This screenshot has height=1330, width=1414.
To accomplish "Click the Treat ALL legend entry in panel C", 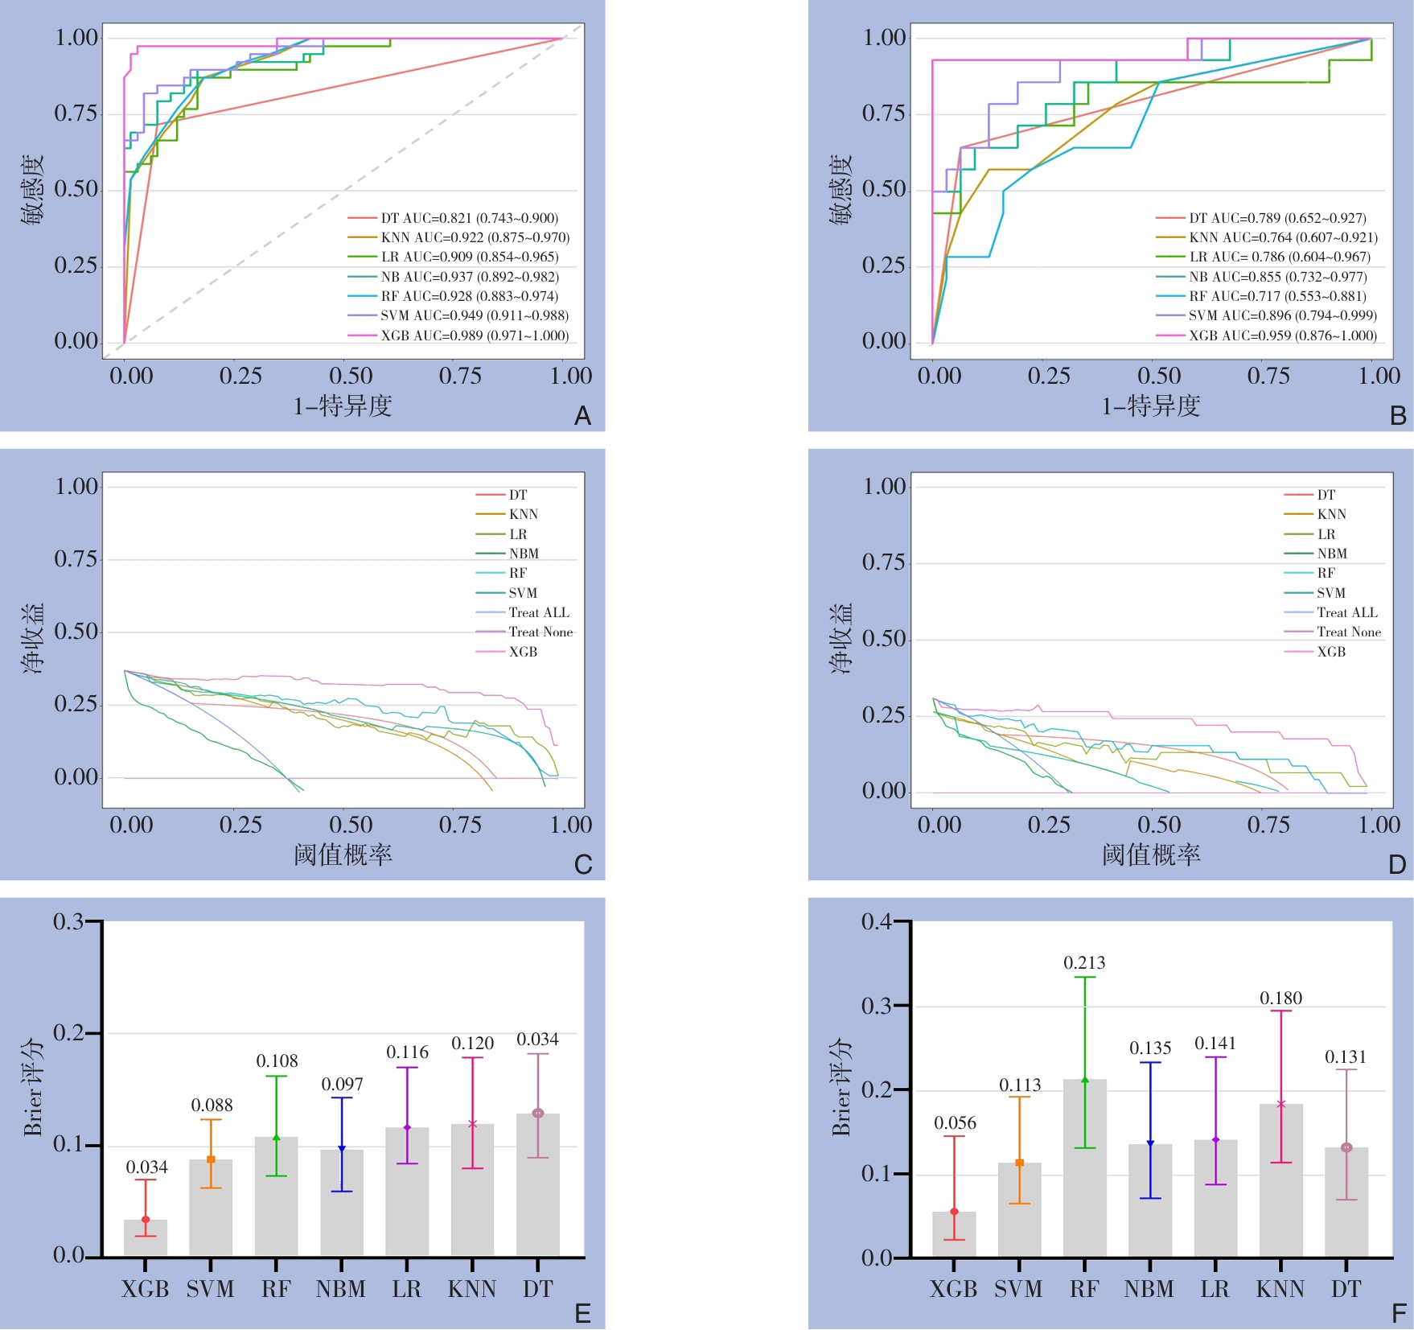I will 538,612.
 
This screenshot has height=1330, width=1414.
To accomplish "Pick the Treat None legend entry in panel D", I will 1348,632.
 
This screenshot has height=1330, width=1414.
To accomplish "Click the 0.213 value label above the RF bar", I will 1084,963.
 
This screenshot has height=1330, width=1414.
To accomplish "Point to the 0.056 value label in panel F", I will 955,1123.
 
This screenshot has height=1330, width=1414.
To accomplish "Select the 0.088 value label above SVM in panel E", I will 212,1106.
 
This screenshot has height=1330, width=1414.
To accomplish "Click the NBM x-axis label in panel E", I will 341,1290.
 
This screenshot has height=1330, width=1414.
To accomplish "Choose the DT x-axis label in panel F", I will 1346,1290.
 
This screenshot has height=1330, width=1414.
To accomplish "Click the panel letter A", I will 582,416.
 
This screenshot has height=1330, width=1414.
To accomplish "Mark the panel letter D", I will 1397,865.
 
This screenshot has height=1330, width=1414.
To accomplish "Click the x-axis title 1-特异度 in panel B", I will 1150,406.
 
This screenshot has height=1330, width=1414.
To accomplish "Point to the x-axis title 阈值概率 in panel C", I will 343,854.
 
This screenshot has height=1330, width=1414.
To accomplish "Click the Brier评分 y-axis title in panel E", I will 33,1086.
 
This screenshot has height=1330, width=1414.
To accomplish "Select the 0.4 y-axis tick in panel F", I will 876,922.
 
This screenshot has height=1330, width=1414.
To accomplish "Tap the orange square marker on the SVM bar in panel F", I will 1019,1163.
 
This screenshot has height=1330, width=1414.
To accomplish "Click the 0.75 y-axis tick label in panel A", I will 76,113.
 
